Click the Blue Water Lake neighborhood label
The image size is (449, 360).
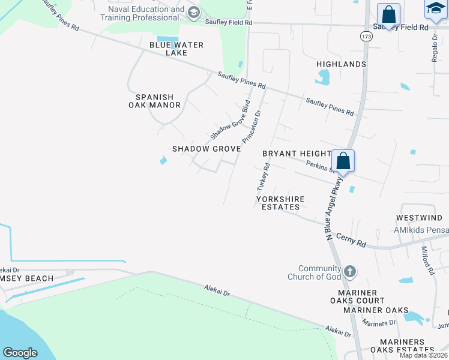(x=176, y=49)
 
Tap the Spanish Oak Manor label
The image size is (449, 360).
(x=154, y=101)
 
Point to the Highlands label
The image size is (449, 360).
(x=342, y=64)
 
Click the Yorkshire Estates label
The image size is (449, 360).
(x=280, y=203)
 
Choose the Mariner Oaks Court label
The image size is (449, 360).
(x=357, y=301)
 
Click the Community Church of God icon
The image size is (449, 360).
(x=351, y=272)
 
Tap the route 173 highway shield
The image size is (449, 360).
(x=365, y=37)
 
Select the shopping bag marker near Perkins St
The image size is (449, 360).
(x=343, y=161)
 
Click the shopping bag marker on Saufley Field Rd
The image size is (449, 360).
(x=388, y=14)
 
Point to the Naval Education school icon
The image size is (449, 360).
(x=193, y=13)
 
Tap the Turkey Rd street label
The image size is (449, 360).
(x=264, y=176)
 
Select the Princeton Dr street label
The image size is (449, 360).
(x=252, y=125)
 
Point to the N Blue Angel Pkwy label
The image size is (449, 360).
(x=334, y=208)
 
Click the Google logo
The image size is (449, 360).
(x=20, y=353)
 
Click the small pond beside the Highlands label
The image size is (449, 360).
(x=323, y=77)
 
